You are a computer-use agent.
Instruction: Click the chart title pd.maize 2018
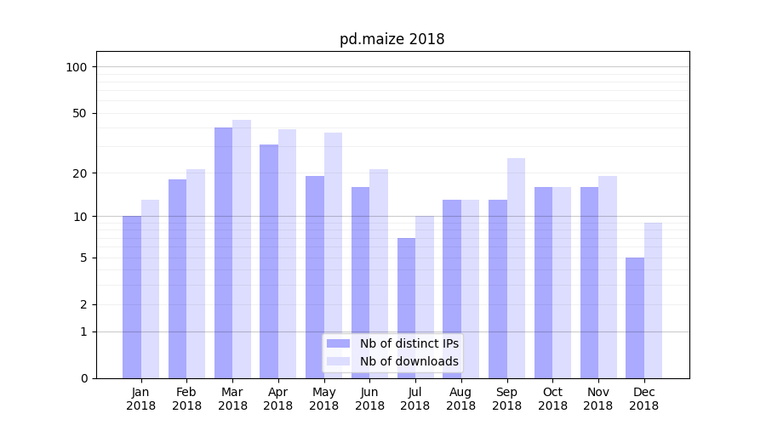(x=392, y=39)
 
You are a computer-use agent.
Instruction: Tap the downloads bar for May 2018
(x=333, y=255)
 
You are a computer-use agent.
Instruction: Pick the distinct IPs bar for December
(x=635, y=318)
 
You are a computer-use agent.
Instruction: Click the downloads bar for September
(x=516, y=268)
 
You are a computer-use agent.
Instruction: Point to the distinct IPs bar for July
(x=406, y=308)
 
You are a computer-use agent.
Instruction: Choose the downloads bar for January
(x=150, y=289)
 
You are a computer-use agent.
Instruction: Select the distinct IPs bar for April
(x=269, y=261)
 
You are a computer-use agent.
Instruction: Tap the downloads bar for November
(x=608, y=277)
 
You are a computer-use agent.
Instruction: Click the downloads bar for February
(x=196, y=274)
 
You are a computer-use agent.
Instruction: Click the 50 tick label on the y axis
(x=80, y=113)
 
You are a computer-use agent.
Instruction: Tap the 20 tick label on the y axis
(x=80, y=173)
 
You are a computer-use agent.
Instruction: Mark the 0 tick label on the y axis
(x=83, y=378)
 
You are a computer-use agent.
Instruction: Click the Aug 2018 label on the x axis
(x=460, y=399)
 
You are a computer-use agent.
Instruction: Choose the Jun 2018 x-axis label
(x=369, y=399)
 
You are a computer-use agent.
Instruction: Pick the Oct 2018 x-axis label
(x=552, y=399)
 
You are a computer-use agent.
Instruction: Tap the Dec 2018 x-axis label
(x=643, y=399)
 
